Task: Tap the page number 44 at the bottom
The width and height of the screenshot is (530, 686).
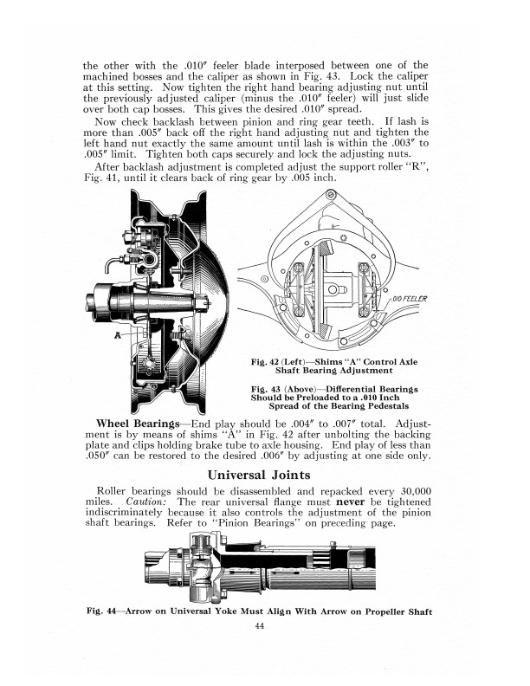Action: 259,629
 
